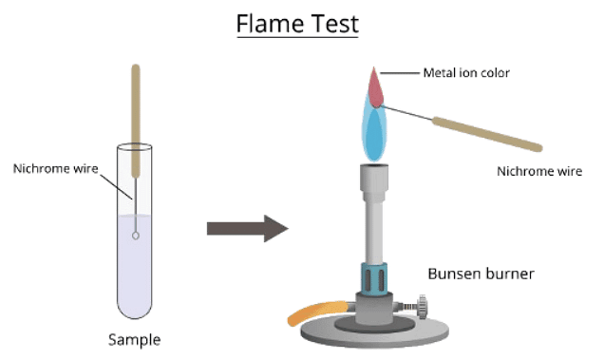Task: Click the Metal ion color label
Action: [x=467, y=72]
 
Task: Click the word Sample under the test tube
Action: [x=134, y=339]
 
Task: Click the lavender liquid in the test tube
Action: [x=136, y=275]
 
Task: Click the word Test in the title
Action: [x=333, y=23]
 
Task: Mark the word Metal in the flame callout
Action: [x=438, y=72]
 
